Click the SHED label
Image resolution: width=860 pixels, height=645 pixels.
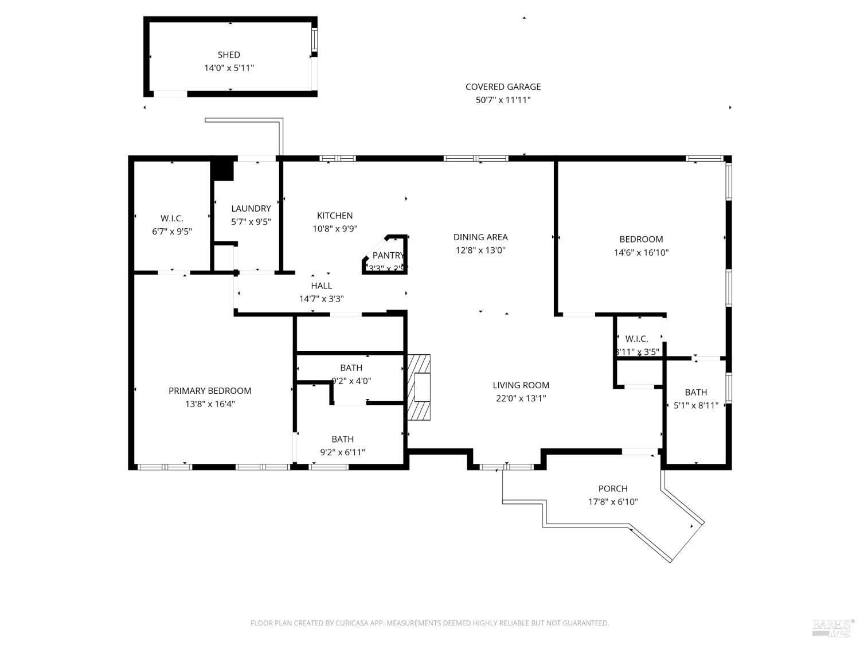pos(229,55)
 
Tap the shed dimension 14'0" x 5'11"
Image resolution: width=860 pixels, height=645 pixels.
pos(229,68)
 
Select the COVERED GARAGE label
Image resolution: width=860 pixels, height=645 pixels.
pos(503,87)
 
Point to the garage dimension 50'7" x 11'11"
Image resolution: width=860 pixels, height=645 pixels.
pos(503,100)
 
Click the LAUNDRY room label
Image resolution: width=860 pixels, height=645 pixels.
pos(251,209)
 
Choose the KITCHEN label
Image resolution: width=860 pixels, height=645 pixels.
pos(335,216)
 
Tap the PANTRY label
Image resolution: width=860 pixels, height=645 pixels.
pos(388,256)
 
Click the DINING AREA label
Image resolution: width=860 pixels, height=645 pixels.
pos(480,237)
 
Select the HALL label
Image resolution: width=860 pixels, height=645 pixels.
pos(321,286)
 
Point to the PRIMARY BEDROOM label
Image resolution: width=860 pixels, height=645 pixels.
pos(210,391)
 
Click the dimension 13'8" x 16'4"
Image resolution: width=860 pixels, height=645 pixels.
pos(210,404)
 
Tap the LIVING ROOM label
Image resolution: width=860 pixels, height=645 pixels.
pos(521,385)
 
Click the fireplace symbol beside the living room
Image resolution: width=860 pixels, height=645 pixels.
pos(419,388)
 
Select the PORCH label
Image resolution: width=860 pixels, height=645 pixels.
pos(613,488)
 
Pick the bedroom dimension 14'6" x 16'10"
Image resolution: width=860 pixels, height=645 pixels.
pos(641,252)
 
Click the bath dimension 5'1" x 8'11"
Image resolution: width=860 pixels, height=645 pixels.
pos(695,405)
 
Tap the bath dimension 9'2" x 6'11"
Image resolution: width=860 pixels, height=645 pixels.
pos(342,452)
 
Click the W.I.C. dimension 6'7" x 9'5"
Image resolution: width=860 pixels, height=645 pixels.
pos(172,232)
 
